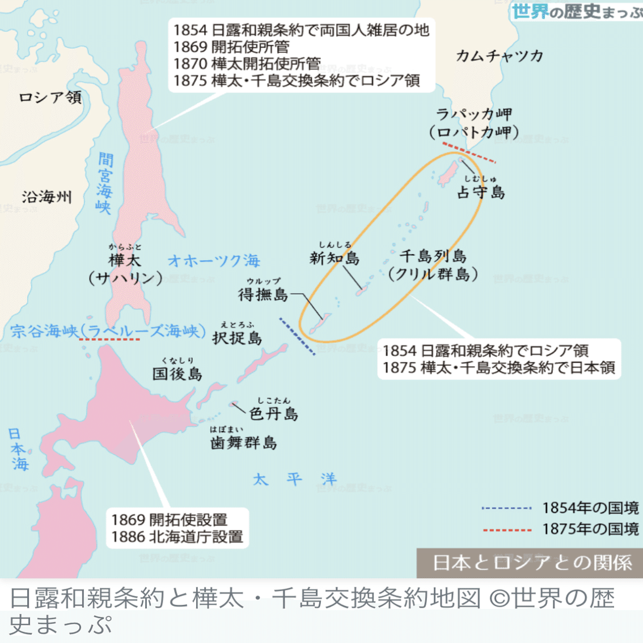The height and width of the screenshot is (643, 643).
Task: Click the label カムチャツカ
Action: click(499, 56)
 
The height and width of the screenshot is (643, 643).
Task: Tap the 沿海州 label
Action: click(47, 197)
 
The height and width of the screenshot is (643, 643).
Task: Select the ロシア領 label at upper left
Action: click(50, 98)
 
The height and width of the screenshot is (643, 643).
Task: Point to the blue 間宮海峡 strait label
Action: click(104, 183)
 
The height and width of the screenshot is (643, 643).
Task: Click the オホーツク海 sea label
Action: click(214, 261)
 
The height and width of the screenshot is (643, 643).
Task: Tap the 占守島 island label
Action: click(481, 192)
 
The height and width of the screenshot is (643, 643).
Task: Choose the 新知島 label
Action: click(335, 258)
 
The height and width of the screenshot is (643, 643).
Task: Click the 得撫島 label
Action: click(263, 294)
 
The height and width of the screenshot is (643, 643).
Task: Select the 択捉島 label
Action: click(237, 338)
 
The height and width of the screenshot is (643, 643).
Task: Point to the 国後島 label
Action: click(177, 374)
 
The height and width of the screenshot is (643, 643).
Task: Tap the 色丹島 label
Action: click(274, 413)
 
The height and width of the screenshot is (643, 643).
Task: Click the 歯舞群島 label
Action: click(243, 442)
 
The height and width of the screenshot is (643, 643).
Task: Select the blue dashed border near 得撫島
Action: click(297, 336)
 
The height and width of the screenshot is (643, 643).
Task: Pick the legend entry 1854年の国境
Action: click(590, 508)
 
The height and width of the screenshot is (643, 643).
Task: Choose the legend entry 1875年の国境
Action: click(590, 530)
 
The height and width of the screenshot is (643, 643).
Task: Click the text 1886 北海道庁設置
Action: click(177, 537)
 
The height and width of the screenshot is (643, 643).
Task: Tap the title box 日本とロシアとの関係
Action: click(531, 562)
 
